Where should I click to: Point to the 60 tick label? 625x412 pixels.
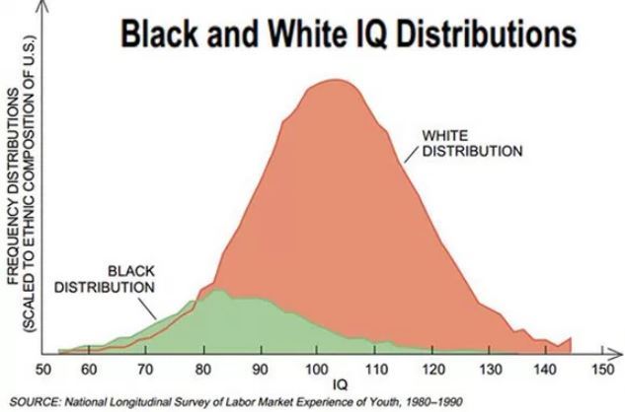(x=89, y=369)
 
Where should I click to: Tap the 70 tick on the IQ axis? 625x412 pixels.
(x=145, y=369)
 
